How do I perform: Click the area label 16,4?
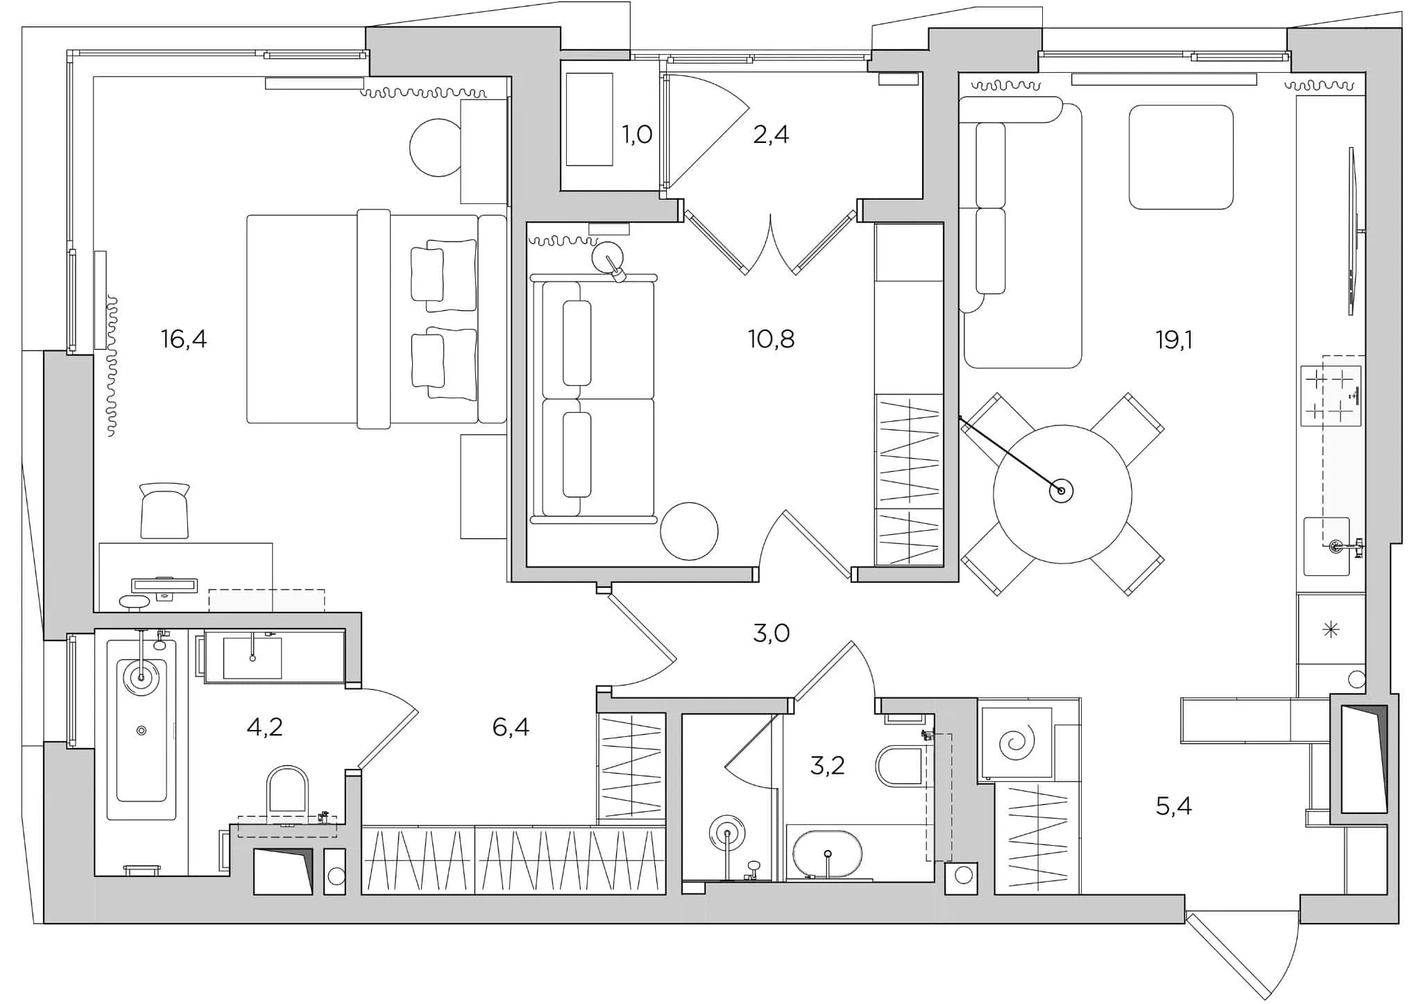184,340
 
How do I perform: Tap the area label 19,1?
1173,340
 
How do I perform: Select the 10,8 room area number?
771,339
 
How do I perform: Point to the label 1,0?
636,134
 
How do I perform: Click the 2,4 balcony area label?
771,134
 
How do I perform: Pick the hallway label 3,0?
771,633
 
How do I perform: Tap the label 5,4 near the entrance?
1173,806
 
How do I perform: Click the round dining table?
1062,494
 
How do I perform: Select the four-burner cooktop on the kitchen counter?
1329,396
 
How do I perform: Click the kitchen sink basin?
1326,547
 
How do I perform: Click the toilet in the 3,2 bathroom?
899,766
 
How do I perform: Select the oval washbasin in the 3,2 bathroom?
827,853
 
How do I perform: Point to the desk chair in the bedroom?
164,512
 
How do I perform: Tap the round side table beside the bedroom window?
436,148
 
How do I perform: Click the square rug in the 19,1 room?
1180,157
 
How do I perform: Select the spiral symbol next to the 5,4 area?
1016,743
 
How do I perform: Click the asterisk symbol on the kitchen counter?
1330,630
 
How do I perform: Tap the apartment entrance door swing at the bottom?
1242,954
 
